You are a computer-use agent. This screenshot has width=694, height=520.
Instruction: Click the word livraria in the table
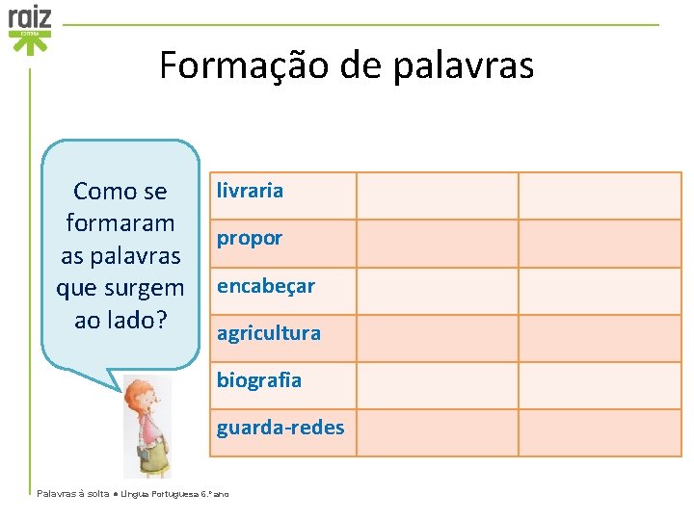[x=250, y=191]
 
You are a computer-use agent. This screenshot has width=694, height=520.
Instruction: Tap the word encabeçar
[x=265, y=286]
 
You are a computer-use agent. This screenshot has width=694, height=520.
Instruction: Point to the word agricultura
[x=268, y=333]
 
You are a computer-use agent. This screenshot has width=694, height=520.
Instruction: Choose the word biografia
[x=258, y=380]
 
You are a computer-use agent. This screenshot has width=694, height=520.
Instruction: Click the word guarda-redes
[x=280, y=428]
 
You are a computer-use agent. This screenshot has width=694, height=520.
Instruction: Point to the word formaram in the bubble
[x=120, y=223]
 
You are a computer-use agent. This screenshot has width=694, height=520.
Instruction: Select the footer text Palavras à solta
[x=72, y=493]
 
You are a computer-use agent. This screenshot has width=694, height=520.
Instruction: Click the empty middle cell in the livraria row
[x=437, y=195]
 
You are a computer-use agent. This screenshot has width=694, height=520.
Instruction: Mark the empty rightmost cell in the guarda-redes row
[x=599, y=432]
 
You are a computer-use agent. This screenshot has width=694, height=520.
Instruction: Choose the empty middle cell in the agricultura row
[x=437, y=338]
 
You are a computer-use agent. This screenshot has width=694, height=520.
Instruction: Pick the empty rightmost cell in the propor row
[x=599, y=243]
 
